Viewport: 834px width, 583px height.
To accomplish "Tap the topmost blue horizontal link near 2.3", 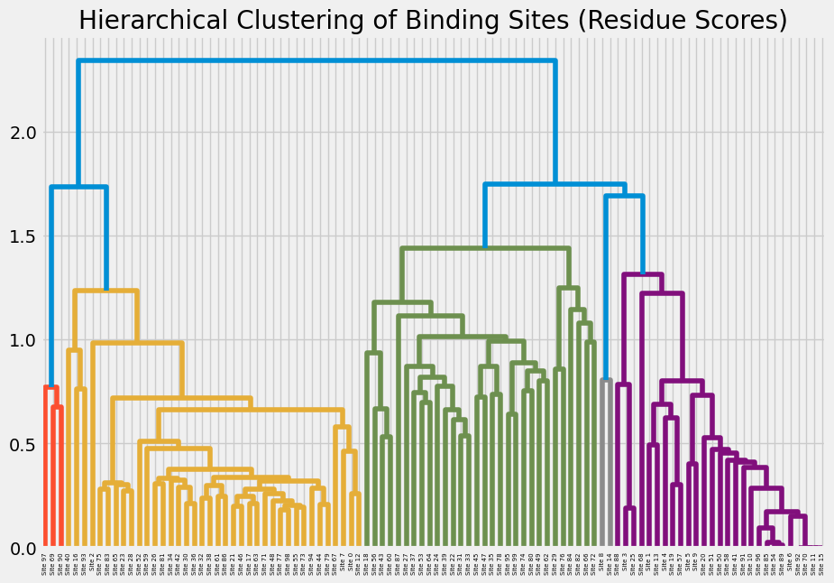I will coord(316,61).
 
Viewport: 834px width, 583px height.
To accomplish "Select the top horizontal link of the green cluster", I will coord(485,248).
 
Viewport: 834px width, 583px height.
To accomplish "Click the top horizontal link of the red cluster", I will coord(50,387).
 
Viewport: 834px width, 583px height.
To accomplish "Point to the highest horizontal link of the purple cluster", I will coord(643,275).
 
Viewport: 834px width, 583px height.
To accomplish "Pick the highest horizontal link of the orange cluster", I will coord(105,291).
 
